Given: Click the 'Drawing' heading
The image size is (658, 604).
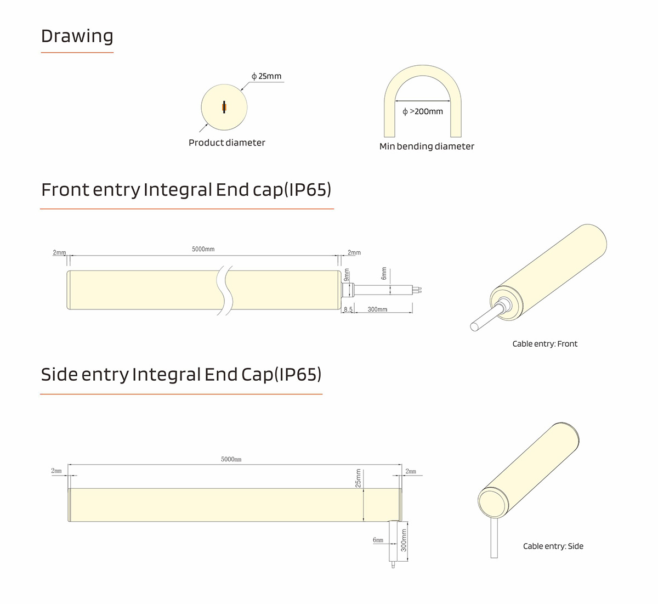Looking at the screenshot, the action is tap(77, 36).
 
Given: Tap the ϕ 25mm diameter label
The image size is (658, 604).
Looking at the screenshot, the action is tap(266, 76).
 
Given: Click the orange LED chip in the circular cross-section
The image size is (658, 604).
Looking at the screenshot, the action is tap(225, 108).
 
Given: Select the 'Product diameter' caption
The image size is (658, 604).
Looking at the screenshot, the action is tap(226, 143).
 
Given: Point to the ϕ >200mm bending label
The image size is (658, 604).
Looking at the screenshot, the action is tap(423, 111).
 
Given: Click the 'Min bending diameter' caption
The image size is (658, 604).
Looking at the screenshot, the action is tap(427, 146).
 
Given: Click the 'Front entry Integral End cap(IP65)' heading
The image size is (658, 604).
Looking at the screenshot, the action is tap(186, 190).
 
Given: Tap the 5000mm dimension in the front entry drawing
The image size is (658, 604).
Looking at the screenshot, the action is tap(203, 249).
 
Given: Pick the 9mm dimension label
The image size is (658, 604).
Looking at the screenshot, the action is tap(347, 275).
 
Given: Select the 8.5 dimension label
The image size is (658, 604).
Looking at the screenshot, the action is tap(348, 309).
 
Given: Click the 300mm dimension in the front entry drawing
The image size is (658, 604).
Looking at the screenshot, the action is tap(377, 309).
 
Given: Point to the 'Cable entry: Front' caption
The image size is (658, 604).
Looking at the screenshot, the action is tap(545, 343).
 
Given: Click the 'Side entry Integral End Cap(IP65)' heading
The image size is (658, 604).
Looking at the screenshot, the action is tap(181, 375).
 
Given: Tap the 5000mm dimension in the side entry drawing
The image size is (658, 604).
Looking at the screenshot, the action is tap(231, 459).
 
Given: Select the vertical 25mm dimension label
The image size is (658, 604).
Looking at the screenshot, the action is tap(358, 478).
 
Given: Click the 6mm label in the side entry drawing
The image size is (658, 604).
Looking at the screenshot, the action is tap(378, 540).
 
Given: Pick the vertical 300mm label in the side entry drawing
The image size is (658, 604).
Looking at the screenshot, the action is tap(404, 540).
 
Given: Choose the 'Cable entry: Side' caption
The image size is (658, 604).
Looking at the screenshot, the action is tap(553, 546).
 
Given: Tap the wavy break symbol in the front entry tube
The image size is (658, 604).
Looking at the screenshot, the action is tap(225, 291).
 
